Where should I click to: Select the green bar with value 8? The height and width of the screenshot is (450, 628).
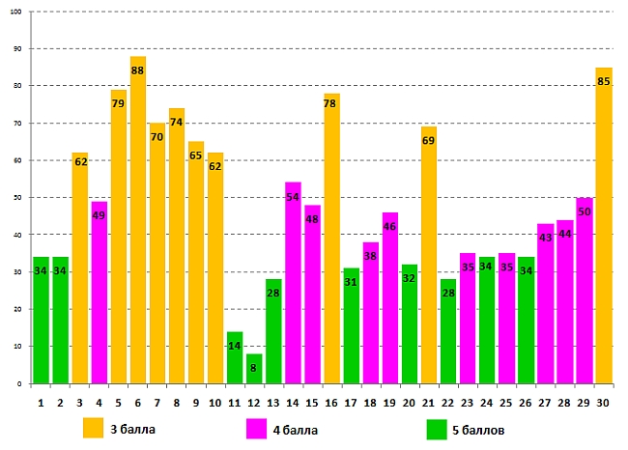coord(254,369)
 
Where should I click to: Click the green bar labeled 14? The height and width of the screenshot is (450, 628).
coord(235,358)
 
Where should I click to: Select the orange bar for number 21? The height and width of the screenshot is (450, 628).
coord(429,255)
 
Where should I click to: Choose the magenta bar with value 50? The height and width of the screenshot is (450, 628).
coord(584,291)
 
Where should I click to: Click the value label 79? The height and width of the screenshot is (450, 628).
coord(119,103)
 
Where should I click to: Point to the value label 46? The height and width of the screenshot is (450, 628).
coord(390,227)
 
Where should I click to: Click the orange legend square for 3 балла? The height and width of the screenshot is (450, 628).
coord(93,428)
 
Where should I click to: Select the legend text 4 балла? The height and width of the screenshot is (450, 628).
coord(294,428)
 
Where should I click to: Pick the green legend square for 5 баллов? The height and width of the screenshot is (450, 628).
coord(437,428)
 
